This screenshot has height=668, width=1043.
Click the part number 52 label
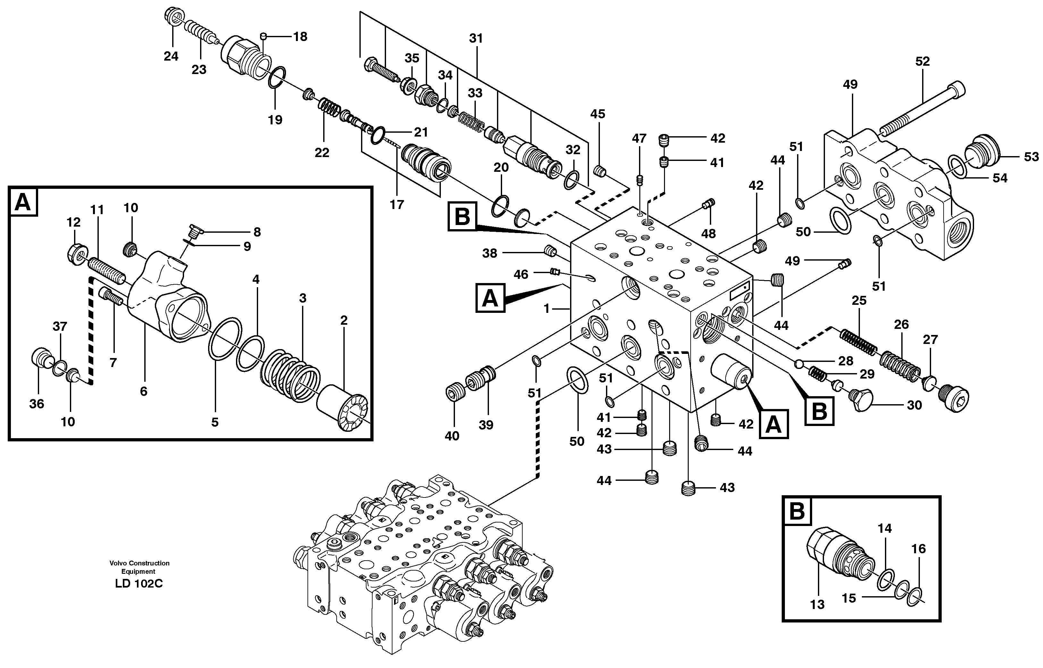pyautogui.click(x=922, y=62)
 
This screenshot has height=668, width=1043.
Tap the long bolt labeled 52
pyautogui.click(x=920, y=108)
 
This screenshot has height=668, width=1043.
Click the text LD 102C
pyautogui.click(x=139, y=584)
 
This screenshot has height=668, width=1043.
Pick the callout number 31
pyautogui.click(x=475, y=38)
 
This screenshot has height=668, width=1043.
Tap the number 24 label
pyautogui.click(x=171, y=56)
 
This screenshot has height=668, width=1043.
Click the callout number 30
pyautogui.click(x=914, y=405)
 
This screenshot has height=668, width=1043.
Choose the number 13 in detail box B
pyautogui.click(x=817, y=604)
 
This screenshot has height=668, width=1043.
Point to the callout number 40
pyautogui.click(x=452, y=436)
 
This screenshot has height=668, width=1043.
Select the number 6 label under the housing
pyautogui.click(x=144, y=391)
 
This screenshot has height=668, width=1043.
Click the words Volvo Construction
pyautogui.click(x=139, y=563)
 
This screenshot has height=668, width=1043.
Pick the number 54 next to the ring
pyautogui.click(x=1000, y=178)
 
